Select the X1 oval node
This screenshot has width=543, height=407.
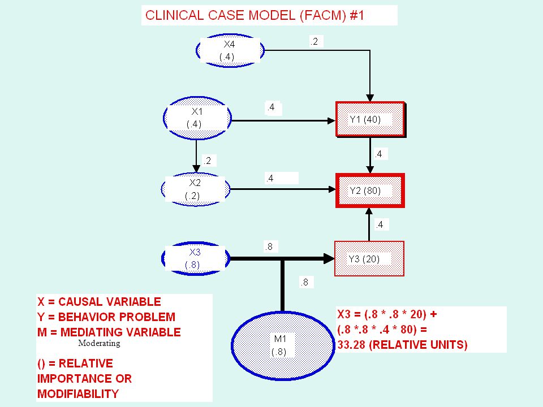(x=197, y=118)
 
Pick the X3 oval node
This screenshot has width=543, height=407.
(x=196, y=258)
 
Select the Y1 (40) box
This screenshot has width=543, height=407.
(x=370, y=119)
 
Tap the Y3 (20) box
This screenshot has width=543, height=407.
(x=369, y=259)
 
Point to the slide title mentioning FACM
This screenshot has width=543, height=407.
(x=254, y=16)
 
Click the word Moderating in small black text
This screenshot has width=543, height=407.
(x=99, y=343)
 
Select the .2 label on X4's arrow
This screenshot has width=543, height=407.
(x=314, y=41)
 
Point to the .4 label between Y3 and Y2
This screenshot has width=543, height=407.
(x=380, y=225)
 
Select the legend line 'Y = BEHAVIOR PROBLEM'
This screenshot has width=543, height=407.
(x=106, y=317)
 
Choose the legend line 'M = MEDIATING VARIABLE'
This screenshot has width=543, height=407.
(x=109, y=332)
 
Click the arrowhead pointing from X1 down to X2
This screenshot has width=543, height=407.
(x=196, y=168)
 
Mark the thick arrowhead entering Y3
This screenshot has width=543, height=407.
(x=329, y=258)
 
